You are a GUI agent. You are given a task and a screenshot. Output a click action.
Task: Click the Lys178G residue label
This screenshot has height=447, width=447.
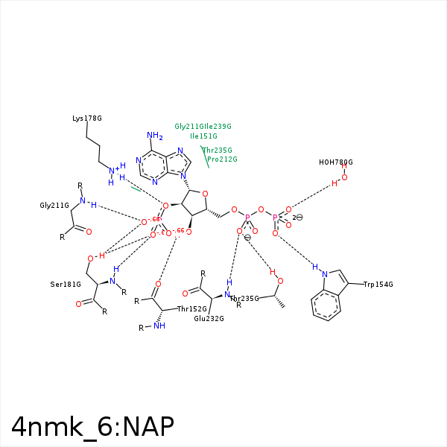pos(87,118)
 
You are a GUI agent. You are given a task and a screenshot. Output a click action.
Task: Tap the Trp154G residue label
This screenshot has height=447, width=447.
pos(378,285)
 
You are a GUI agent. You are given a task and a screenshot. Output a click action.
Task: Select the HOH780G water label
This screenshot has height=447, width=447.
pos(335,162)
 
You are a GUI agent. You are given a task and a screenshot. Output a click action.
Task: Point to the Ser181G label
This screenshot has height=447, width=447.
pos(66,285)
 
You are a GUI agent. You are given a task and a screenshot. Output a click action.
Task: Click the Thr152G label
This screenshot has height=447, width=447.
pos(191,308)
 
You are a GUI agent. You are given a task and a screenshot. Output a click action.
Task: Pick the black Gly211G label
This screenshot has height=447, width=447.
pos(54,205)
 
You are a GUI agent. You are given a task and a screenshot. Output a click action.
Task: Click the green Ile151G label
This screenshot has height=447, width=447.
pos(203,136)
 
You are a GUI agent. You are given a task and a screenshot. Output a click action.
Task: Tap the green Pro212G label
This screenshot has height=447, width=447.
pos(222,159)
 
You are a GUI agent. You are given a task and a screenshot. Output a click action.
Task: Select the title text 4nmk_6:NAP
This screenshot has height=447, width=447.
pos(92,425)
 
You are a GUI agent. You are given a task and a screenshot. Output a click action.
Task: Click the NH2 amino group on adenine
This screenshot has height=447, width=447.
pos(155,136)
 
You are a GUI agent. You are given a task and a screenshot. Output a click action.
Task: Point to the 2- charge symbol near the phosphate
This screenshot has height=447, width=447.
pos(297,218)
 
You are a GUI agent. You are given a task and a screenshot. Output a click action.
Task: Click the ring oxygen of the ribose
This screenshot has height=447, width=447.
pos(205,194)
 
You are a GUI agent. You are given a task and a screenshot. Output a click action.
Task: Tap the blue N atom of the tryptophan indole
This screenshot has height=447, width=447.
pos(325,273)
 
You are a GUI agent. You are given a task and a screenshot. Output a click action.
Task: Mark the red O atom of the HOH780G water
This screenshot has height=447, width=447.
pos(344,177)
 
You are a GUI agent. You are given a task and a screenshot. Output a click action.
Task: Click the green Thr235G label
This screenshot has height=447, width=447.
pos(218,150)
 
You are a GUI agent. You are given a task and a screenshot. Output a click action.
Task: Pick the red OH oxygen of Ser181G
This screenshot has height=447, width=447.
pos(90,258)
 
